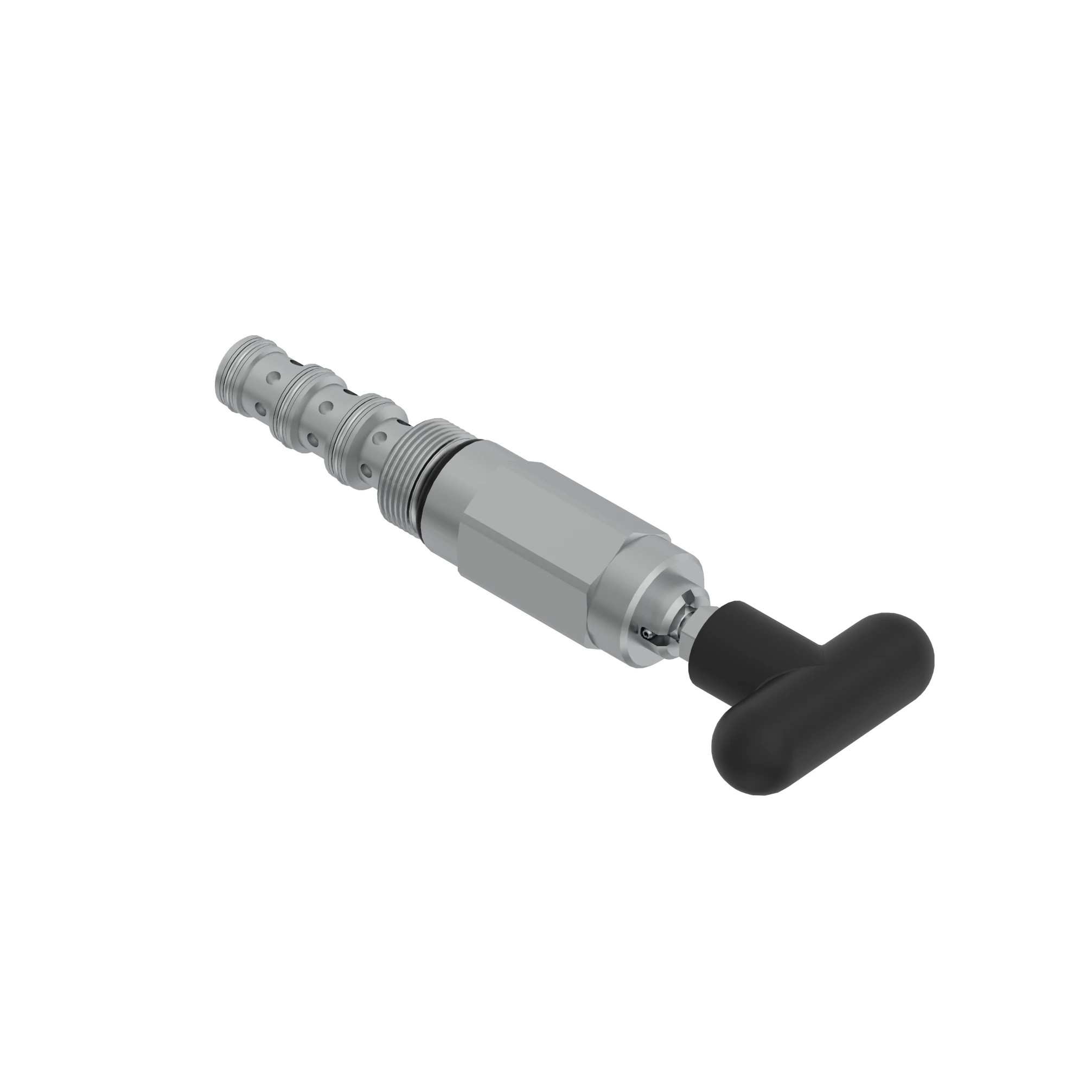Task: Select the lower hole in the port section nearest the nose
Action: click(x=259, y=406)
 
